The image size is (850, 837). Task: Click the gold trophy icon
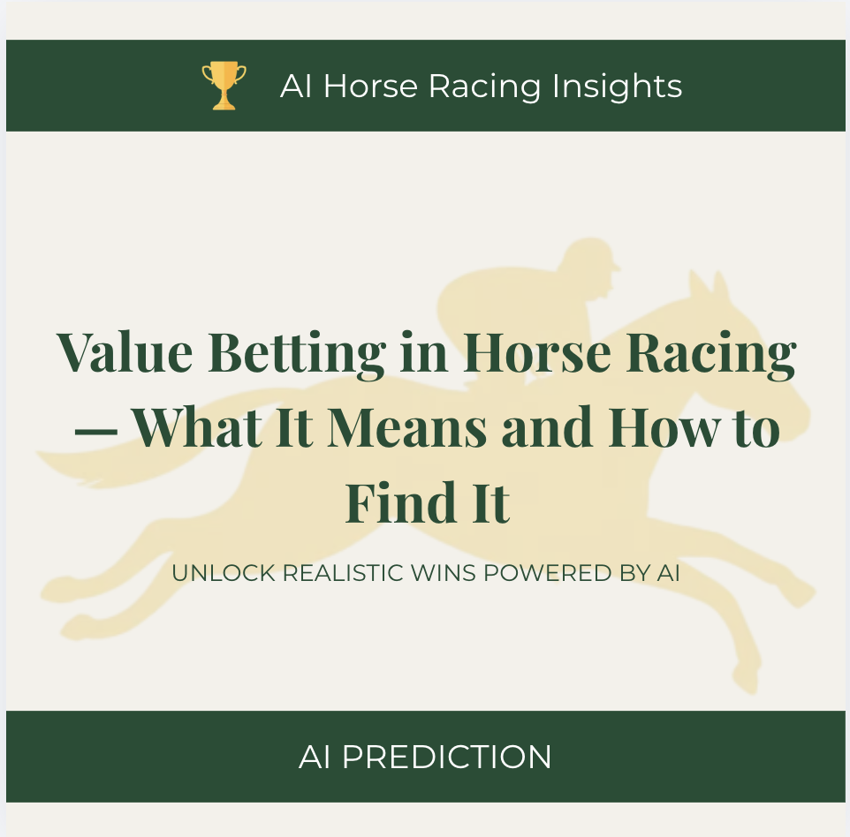click(x=224, y=86)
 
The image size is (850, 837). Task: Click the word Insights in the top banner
click(x=617, y=87)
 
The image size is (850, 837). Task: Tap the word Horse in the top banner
click(x=370, y=87)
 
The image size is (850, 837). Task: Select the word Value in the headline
click(x=125, y=351)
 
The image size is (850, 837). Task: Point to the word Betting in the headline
click(x=297, y=354)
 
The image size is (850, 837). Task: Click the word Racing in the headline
click(x=711, y=354)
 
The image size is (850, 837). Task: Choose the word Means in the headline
click(x=407, y=427)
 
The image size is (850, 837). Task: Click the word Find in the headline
click(x=400, y=501)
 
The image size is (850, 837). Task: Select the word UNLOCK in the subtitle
click(x=224, y=573)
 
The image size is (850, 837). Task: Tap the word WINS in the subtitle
click(x=444, y=573)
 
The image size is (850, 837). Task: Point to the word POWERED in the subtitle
click(x=548, y=573)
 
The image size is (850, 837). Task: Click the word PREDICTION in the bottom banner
click(x=447, y=757)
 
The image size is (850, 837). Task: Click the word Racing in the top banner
click(x=484, y=87)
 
